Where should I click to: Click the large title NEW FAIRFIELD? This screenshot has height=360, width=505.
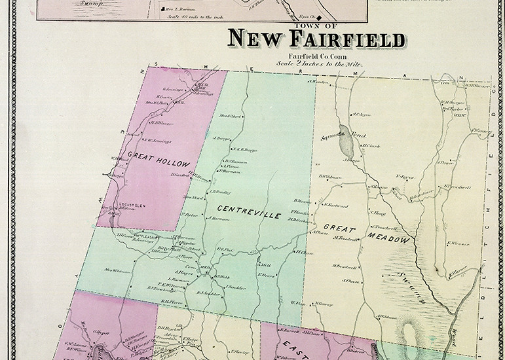[316, 40]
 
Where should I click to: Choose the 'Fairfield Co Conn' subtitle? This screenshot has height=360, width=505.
[316, 58]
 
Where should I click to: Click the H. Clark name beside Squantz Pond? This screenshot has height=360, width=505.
[371, 145]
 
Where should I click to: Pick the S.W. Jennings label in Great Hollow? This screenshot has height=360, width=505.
[157, 139]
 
